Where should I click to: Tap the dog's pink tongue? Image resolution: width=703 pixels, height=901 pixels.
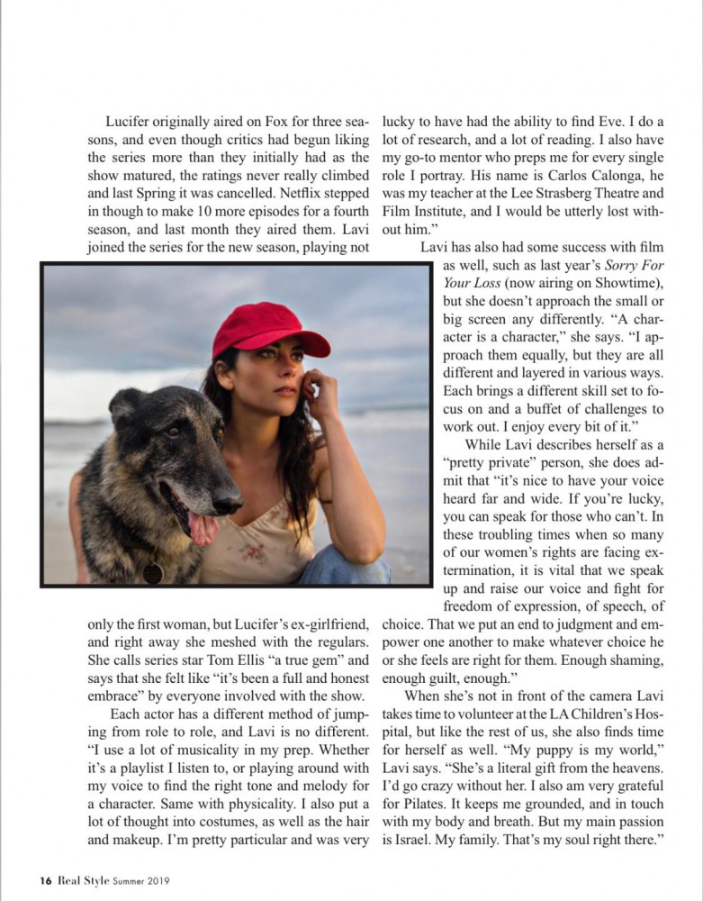pos(203,528)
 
